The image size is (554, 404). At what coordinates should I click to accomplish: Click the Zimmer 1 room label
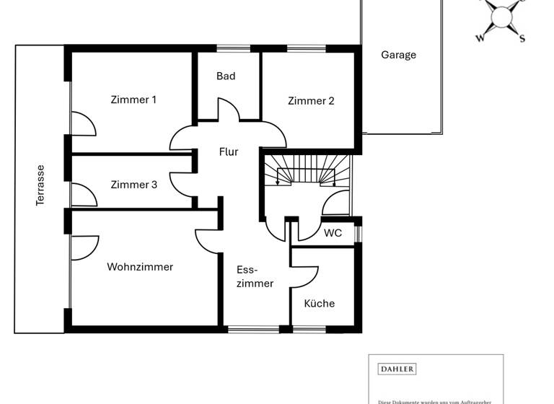pos(133,100)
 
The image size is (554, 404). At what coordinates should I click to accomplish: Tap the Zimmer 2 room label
pos(311,101)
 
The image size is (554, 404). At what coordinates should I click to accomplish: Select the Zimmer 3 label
pos(133,185)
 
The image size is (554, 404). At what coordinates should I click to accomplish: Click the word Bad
pos(226,76)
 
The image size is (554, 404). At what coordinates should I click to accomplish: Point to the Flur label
pos(229,151)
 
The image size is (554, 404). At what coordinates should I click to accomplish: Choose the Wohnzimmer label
pos(140,267)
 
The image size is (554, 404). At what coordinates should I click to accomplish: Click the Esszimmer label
pos(255,276)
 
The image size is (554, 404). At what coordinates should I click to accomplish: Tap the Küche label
pos(319,303)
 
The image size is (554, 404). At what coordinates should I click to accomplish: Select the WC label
pos(333,233)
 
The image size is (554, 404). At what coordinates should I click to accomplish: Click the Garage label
pos(398,55)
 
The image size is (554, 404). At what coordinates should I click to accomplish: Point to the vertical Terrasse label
pos(40,185)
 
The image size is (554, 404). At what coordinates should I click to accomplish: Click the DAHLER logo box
pos(397,369)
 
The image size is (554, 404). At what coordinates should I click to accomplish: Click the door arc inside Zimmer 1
pos(83,123)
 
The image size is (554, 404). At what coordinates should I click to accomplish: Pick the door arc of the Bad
pos(229,111)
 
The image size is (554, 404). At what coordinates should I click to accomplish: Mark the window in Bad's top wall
pos(229,49)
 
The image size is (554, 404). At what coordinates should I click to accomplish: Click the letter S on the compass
pos(522,39)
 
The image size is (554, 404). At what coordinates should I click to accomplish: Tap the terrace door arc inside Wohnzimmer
pos(84,247)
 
